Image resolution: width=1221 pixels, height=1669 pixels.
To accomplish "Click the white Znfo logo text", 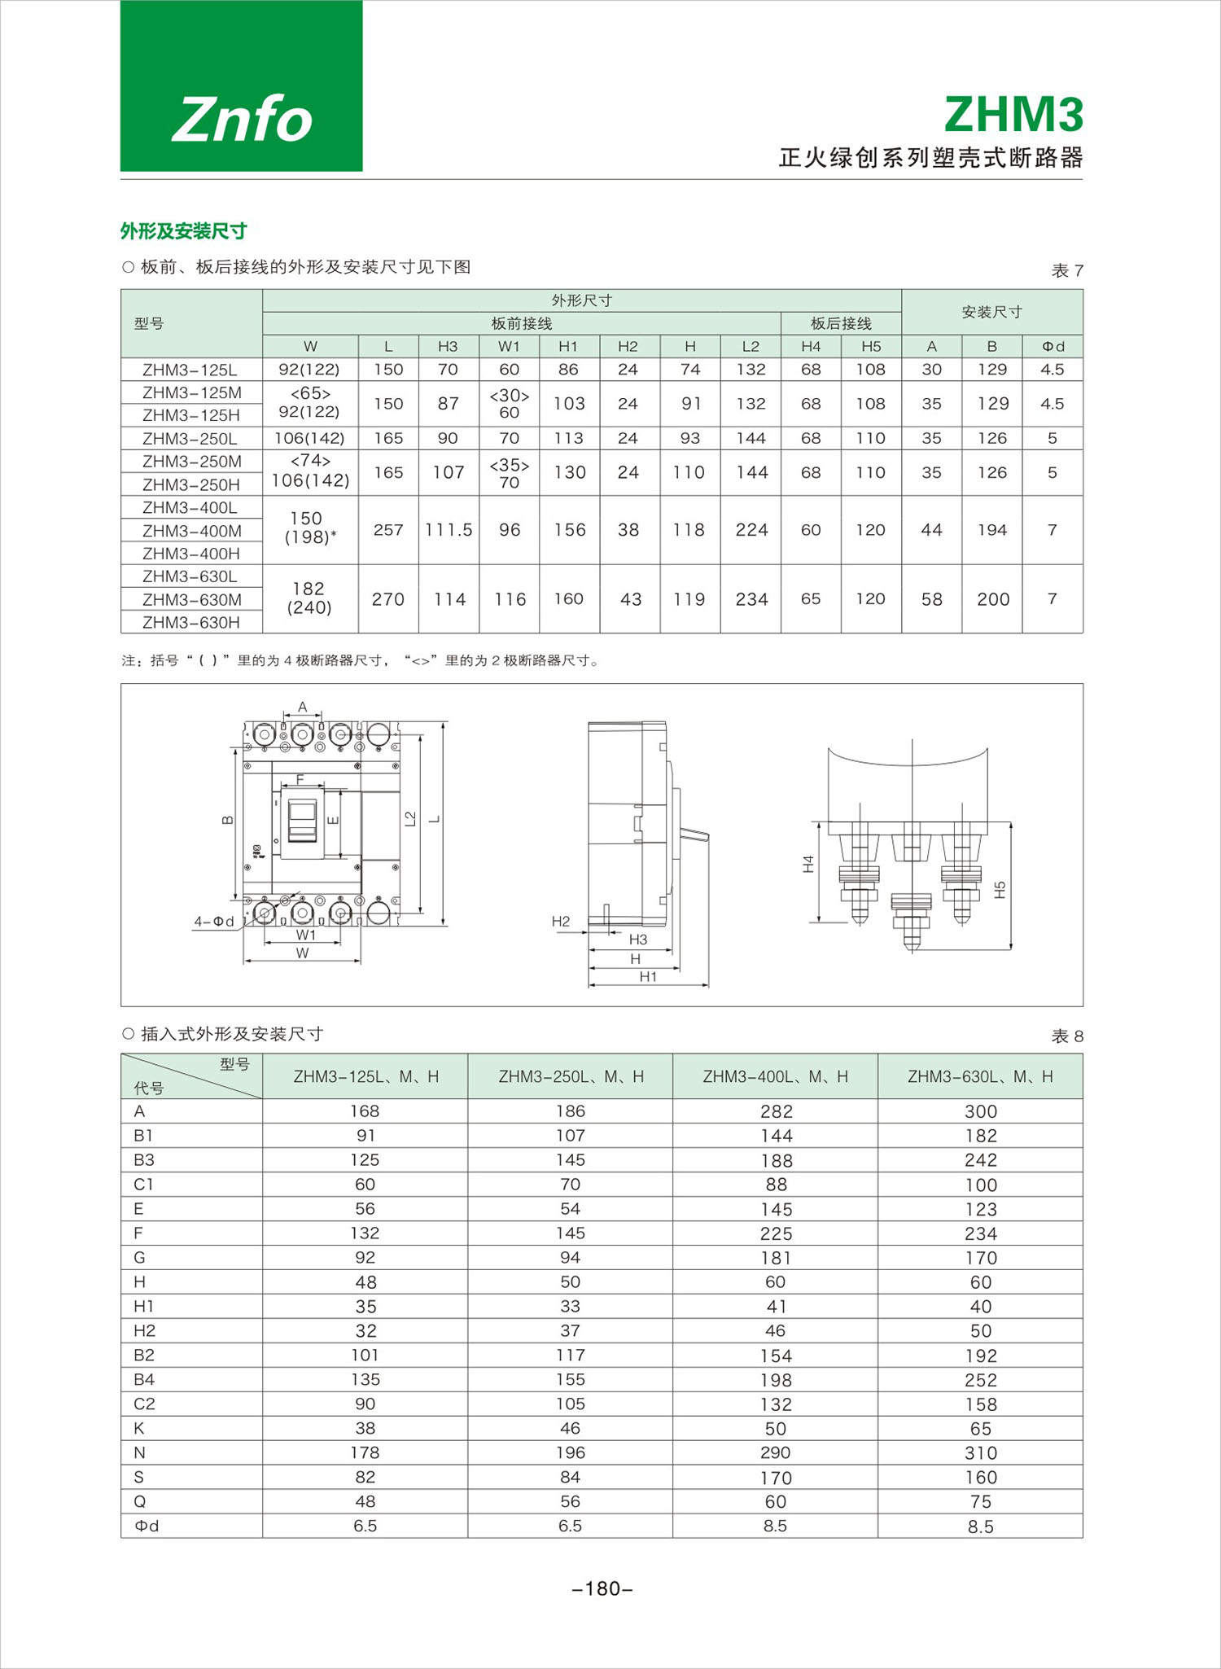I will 242,119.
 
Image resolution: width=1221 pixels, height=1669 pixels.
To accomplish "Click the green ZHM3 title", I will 1013,114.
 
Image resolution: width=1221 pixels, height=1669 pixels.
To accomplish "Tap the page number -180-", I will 602,1588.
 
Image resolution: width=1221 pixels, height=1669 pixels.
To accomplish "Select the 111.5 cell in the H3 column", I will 449,530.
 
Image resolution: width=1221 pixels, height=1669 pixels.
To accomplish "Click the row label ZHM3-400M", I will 191,531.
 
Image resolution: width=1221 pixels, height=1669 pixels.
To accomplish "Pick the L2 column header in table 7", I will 751,346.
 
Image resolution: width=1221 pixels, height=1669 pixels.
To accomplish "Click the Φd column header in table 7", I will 1053,346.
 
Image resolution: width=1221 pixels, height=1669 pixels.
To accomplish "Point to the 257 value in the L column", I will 388,530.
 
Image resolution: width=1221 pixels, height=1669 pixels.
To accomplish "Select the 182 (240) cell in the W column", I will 309,598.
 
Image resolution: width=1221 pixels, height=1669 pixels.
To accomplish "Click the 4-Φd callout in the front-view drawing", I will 213,921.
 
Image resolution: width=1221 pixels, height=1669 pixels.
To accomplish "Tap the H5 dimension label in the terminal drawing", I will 1000,890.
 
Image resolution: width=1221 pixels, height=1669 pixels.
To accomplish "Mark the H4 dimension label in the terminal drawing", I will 808,864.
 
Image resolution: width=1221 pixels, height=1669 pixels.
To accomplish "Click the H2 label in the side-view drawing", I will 561,921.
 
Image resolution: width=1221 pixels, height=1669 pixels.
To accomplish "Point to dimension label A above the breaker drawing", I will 303,707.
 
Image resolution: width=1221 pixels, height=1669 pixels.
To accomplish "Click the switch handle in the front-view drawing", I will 303,817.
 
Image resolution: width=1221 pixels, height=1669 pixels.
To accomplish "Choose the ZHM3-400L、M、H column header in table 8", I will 775,1076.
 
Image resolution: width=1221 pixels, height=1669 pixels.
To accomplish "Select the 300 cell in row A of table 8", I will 980,1111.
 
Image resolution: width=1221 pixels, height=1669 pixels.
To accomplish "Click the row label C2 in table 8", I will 144,1404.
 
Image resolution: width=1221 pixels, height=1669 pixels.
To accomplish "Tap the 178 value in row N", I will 365,1452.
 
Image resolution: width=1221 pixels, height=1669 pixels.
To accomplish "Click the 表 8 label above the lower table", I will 1066,1036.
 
